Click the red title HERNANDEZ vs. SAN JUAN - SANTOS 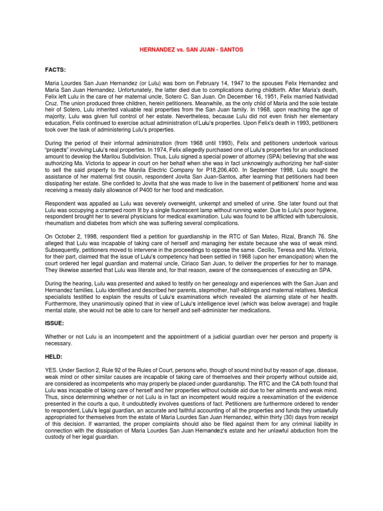(191, 50)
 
